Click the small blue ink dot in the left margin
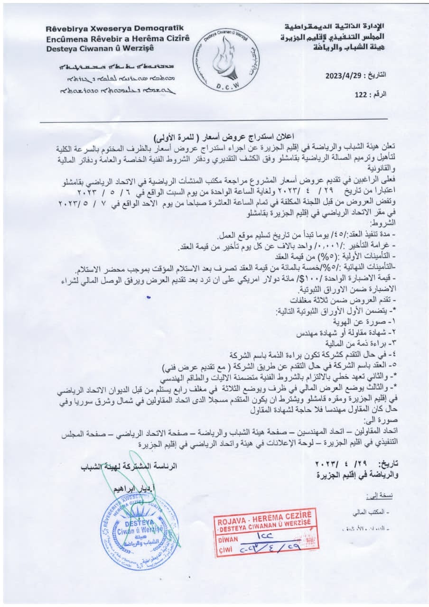pos(149,297)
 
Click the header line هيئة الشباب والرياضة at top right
pos(349,46)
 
